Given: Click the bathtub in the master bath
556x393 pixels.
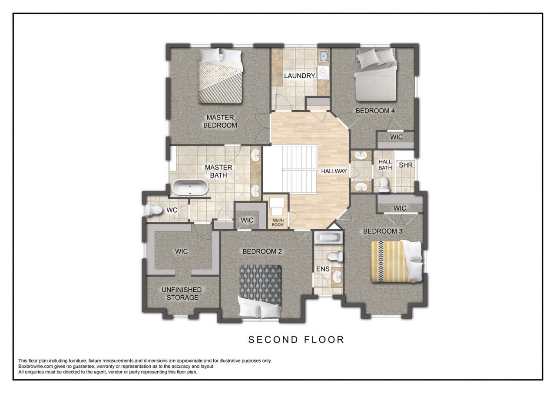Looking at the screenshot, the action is [190, 187].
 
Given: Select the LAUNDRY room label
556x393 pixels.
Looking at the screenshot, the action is [299, 76].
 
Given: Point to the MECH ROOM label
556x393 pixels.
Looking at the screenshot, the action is [278, 222].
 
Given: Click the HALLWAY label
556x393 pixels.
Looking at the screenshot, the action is [334, 171].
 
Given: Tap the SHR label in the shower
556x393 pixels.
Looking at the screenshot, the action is [406, 165].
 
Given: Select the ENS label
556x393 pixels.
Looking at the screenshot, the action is [323, 269].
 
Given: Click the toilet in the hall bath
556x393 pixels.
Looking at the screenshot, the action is [384, 185].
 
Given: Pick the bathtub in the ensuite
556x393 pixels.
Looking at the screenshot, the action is [328, 238].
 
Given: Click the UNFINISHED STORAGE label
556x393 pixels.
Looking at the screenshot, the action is [182, 294].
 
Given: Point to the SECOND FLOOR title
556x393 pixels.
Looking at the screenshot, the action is [296, 340].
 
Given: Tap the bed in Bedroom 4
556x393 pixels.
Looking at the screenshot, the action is [375, 75].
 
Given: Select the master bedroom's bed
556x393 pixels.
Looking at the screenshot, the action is [220, 76].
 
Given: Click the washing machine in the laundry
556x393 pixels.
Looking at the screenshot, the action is [323, 73].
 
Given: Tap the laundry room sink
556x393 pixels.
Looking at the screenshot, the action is [324, 56].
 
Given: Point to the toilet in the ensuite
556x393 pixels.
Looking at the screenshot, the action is [335, 256].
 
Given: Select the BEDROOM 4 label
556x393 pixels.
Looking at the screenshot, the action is [375, 111].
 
